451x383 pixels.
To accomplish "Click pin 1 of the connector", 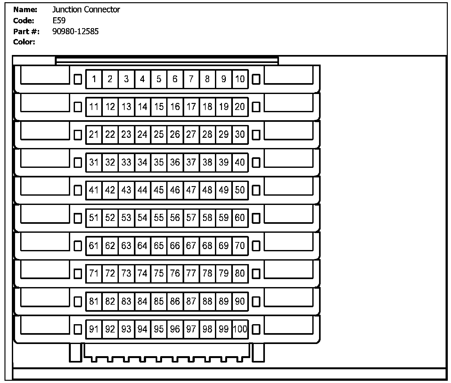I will coord(94,79).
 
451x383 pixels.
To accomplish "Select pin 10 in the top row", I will coord(240,79).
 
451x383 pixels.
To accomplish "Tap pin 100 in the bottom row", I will coord(240,329).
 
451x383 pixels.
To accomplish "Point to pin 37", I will coord(191,162).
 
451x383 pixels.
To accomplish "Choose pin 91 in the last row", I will coord(94,329).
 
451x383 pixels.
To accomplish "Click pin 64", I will coord(143,246).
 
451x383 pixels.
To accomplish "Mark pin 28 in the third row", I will coord(207,135).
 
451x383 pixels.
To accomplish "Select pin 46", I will coord(175,190).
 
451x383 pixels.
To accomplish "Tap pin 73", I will coord(126,273).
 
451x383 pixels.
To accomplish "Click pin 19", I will coord(224,107).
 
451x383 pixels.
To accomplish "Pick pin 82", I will coord(110,301).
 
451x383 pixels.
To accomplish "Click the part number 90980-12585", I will coord(76,31).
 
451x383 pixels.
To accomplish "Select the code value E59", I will coord(59,21).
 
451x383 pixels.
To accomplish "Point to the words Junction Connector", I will coord(86,10).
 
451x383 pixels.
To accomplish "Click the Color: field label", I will coord(24,42).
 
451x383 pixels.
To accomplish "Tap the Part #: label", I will coord(26,31).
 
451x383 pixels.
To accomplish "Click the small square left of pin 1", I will coord(78,79).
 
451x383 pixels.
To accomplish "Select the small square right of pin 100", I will coord(256,329).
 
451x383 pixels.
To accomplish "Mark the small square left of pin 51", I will coord(78,218).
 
